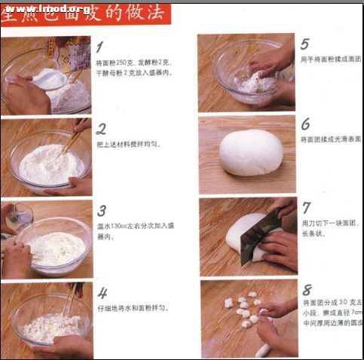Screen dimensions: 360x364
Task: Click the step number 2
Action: pos(102,128)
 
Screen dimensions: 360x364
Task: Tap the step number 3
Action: pos(102,210)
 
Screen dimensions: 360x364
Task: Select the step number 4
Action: pos(102,293)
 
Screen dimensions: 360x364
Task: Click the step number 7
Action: pos(306,206)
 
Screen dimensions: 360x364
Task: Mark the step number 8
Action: pos(306,289)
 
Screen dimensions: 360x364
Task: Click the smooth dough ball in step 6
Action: pos(251,153)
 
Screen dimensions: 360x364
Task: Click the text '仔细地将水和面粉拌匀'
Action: pos(131,308)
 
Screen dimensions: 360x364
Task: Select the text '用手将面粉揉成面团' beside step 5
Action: pos(331,59)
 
